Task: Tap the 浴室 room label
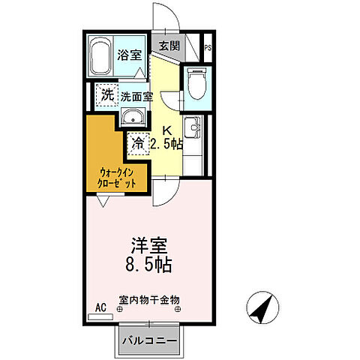tap(129, 55)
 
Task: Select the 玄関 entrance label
tap(169, 46)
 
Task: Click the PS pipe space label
tap(208, 49)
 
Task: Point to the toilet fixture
tap(196, 85)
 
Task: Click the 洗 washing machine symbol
tap(106, 96)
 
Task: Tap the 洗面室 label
tap(138, 97)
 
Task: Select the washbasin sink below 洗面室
tap(133, 118)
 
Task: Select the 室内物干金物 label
tap(148, 299)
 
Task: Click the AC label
tap(100, 307)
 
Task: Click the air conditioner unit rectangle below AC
tap(99, 316)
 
